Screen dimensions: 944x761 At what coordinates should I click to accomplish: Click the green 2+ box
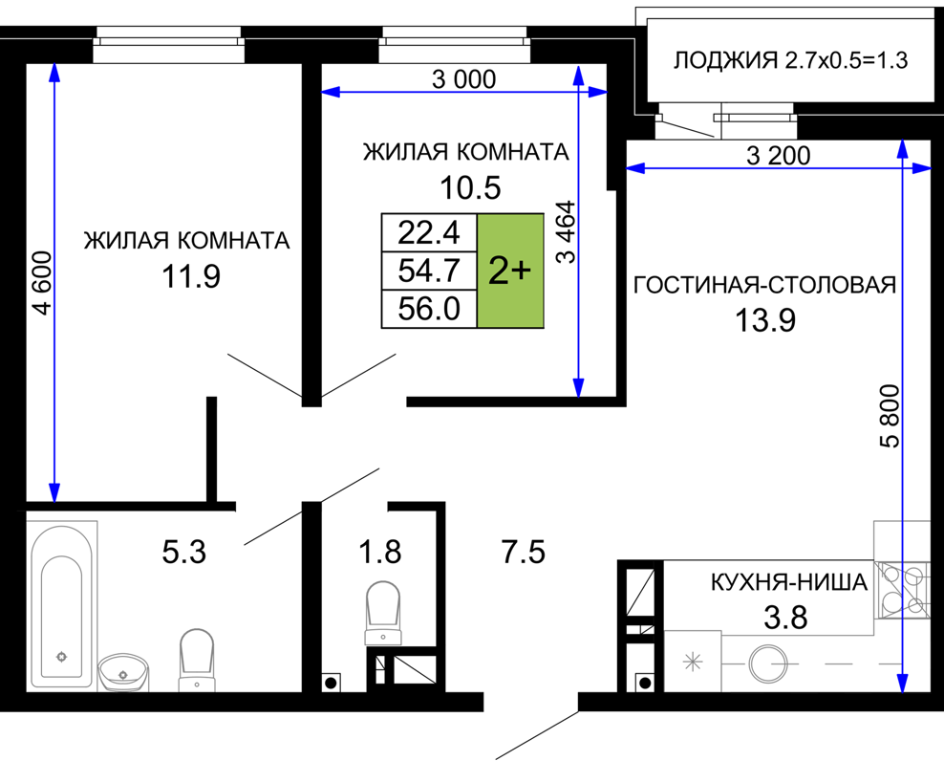click(x=510, y=271)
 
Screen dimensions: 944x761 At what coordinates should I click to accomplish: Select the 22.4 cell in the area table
click(x=429, y=232)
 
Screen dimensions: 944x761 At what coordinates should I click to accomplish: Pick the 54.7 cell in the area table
click(x=429, y=271)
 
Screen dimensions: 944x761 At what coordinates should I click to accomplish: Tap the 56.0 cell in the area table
click(x=429, y=309)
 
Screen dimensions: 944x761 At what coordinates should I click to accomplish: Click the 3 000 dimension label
click(x=464, y=79)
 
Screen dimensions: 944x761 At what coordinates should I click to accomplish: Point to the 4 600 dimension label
click(x=44, y=283)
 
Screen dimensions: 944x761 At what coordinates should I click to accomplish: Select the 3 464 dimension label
click(x=567, y=232)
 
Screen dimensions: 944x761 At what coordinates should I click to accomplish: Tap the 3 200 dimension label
click(x=779, y=156)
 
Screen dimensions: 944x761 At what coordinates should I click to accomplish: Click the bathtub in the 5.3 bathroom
click(x=61, y=605)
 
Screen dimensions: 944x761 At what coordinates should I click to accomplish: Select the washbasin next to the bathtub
click(x=123, y=672)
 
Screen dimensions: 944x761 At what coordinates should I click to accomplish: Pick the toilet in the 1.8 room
click(x=383, y=613)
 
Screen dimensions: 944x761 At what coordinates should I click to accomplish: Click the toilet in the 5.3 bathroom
click(x=197, y=661)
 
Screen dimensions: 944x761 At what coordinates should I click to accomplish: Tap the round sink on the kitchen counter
click(x=767, y=663)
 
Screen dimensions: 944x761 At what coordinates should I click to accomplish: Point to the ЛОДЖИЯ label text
click(x=725, y=61)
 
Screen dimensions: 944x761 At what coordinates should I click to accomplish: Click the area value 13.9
click(x=765, y=320)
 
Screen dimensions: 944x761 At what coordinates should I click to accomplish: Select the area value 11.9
click(x=190, y=276)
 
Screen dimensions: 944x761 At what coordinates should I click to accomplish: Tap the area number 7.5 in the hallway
click(x=524, y=552)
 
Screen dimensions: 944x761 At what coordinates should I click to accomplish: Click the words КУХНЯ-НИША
click(x=789, y=582)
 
